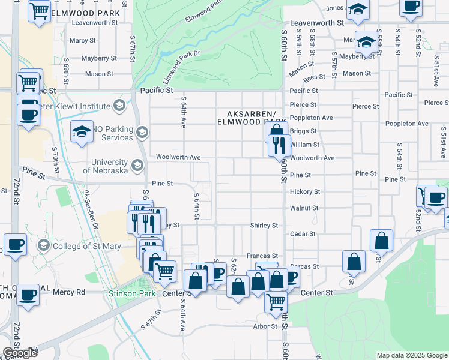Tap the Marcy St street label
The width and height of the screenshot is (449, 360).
point(83,41)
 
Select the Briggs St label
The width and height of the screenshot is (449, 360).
point(303,131)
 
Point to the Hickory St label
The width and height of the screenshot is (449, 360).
point(304,191)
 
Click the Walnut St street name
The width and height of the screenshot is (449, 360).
point(303,208)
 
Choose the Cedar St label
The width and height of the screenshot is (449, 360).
point(303,233)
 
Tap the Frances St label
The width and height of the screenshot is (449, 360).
point(262,256)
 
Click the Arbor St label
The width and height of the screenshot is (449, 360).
point(264,326)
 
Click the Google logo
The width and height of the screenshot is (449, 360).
point(20,353)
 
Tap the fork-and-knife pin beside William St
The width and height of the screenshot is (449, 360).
point(279,145)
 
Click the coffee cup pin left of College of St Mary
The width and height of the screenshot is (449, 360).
point(16,245)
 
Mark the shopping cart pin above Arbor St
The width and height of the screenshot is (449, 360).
point(276,302)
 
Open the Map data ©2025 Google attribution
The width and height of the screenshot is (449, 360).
point(411,355)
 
